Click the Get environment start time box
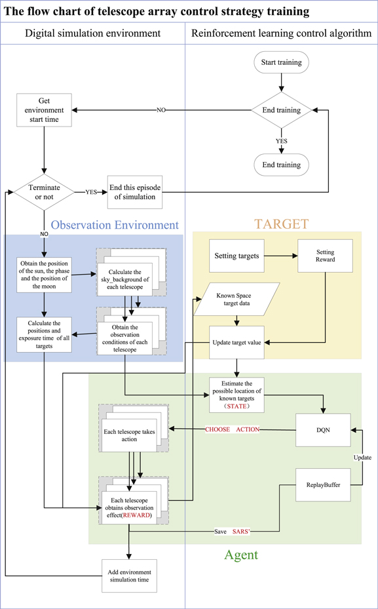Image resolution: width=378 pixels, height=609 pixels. (x=44, y=111)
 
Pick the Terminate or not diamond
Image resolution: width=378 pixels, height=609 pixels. (x=44, y=193)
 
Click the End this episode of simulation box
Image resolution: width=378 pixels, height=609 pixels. (x=135, y=193)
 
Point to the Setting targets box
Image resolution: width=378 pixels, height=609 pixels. (x=236, y=256)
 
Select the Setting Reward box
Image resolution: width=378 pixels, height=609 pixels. (x=325, y=256)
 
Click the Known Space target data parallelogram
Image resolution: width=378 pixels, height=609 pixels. (x=236, y=300)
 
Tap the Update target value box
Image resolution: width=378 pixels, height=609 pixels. (x=236, y=342)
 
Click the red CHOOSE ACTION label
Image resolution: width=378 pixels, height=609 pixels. (x=233, y=429)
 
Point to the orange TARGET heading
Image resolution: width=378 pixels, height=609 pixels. (x=281, y=224)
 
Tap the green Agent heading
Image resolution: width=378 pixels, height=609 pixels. (x=241, y=555)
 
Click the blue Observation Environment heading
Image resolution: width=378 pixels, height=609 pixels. (x=115, y=225)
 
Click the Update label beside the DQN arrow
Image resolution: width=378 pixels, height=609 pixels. (x=362, y=456)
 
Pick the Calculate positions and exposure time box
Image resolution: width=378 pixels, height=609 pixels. (x=44, y=332)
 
